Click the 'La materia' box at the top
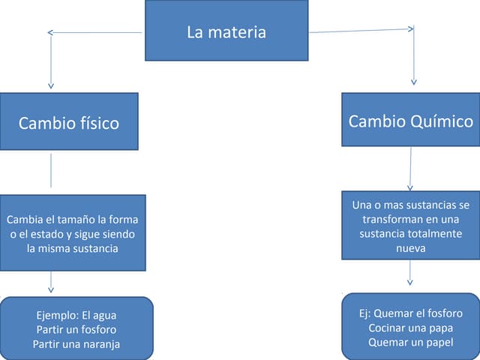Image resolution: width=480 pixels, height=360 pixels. [x=226, y=31]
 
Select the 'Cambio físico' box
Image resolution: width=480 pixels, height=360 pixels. [x=69, y=121]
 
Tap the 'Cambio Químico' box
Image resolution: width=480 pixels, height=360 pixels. [x=410, y=120]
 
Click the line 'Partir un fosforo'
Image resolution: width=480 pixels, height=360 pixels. [x=76, y=329]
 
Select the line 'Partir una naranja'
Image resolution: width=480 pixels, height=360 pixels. [x=76, y=343]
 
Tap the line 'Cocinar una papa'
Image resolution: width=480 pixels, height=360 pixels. [x=410, y=328]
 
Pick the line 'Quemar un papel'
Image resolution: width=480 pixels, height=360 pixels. [x=410, y=342]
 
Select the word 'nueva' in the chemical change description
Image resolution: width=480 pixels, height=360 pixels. [x=410, y=248]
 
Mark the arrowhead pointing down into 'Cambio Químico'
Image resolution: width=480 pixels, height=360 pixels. [x=413, y=82]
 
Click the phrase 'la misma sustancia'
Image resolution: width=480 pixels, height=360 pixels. [x=72, y=248]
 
